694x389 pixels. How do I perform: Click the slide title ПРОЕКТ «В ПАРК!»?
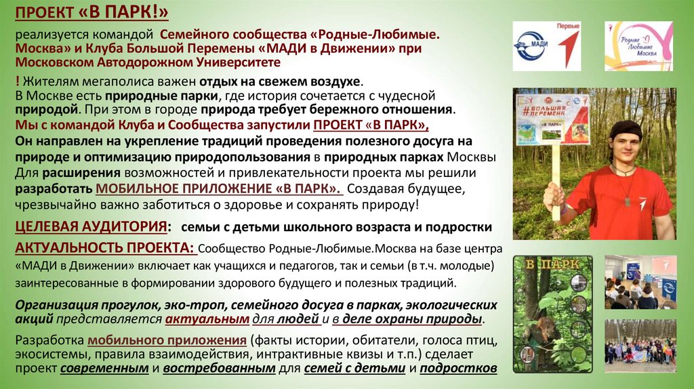pos(91,13)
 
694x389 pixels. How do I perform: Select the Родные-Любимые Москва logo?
pos(638,46)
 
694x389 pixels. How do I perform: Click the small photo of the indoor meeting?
pos(640,282)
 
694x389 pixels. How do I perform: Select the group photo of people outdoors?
pos(640,346)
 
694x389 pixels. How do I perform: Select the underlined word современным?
pos(104,368)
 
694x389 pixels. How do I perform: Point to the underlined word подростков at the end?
pos(458,368)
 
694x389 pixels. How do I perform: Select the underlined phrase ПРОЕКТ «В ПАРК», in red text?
pos(371,127)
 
